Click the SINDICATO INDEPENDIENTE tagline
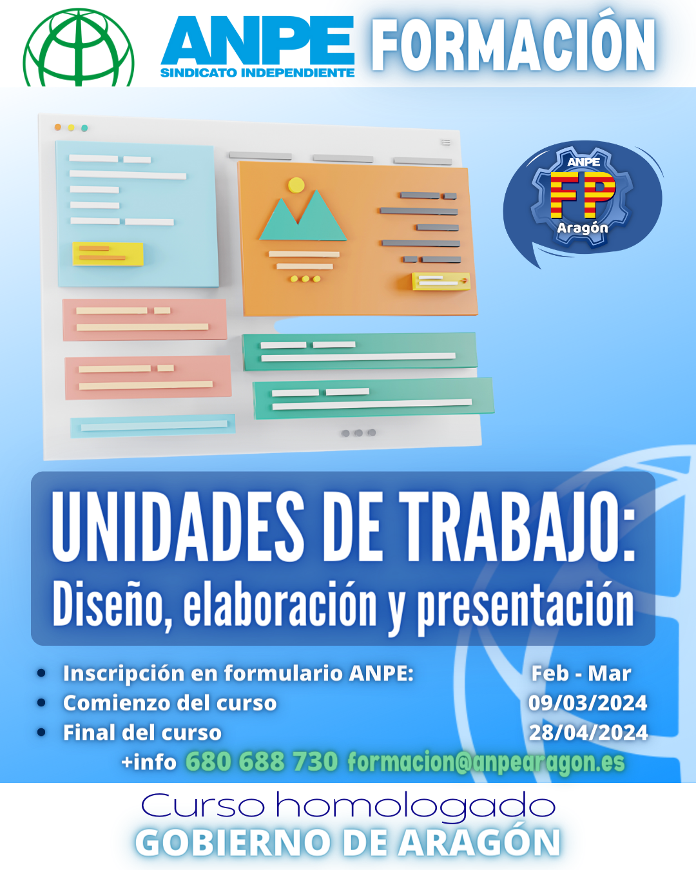(258, 73)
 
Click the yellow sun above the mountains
(296, 185)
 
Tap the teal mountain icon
(303, 215)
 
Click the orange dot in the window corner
(58, 128)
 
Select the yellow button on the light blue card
(108, 254)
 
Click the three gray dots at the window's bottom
(359, 433)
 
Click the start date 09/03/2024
(588, 703)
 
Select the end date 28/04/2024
(588, 733)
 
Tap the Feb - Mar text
(581, 673)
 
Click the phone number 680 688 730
(262, 762)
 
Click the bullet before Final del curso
(41, 732)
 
